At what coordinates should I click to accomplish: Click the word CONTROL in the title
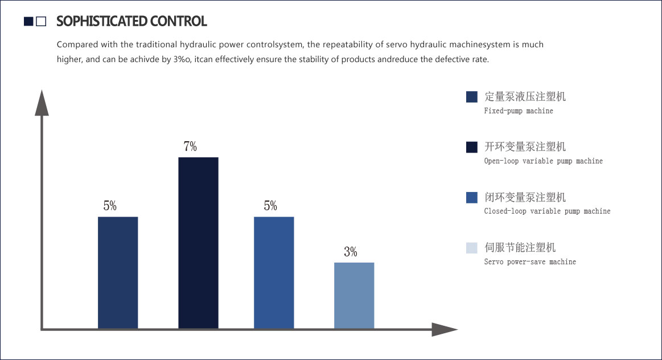[x=178, y=22]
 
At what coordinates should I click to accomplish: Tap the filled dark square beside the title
[x=28, y=22]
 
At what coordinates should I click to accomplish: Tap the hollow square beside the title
[x=40, y=22]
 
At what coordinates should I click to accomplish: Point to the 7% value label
[x=190, y=146]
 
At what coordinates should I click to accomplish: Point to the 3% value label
[x=351, y=252]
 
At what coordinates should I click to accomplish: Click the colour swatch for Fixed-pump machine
[x=471, y=97]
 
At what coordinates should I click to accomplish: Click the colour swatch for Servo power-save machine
[x=471, y=248]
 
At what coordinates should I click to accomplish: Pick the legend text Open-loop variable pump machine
[x=543, y=161]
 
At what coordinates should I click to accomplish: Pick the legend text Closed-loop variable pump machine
[x=547, y=211]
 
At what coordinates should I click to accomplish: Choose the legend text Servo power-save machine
[x=530, y=262]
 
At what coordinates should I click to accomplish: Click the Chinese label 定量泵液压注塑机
[x=525, y=96]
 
